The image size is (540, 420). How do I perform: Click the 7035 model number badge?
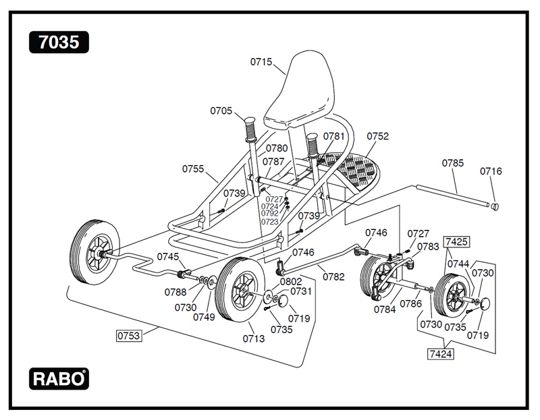(x=59, y=42)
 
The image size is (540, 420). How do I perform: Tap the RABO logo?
(x=59, y=379)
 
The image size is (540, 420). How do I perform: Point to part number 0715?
(x=261, y=62)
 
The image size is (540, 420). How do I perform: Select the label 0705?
(x=221, y=111)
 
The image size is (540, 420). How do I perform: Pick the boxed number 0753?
(x=129, y=335)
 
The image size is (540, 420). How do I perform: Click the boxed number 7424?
(x=439, y=352)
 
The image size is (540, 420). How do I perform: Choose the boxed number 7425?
(x=456, y=241)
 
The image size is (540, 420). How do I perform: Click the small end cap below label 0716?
(x=494, y=206)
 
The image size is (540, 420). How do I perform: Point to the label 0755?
(x=193, y=169)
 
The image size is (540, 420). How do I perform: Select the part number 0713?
(x=253, y=338)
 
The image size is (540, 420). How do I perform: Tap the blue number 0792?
(x=269, y=214)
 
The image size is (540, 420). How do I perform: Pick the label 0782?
(x=333, y=276)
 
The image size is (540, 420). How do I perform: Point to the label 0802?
(x=290, y=281)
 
